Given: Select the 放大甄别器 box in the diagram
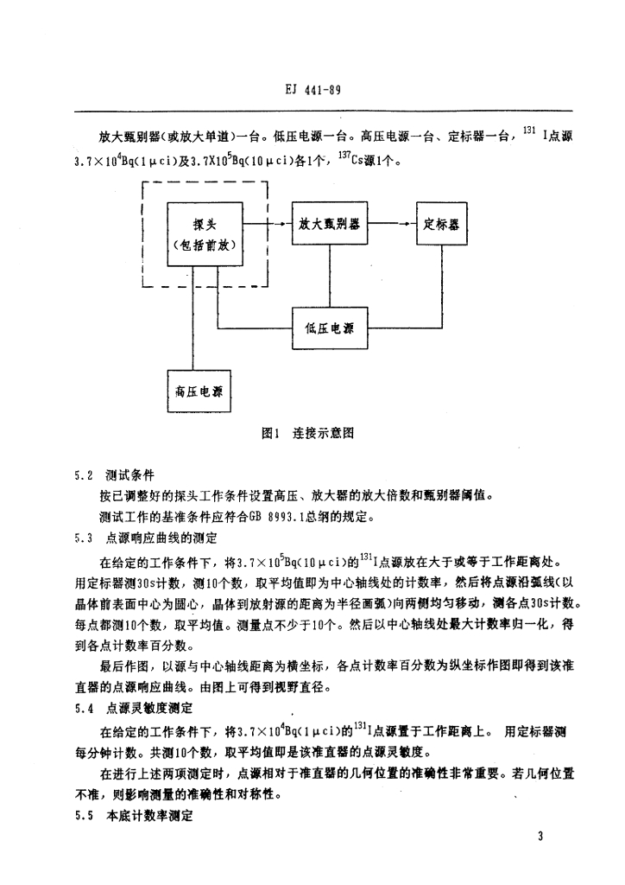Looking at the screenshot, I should pyautogui.click(x=329, y=224).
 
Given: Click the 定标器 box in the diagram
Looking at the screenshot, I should pyautogui.click(x=442, y=224).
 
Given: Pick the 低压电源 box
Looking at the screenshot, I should pyautogui.click(x=329, y=327).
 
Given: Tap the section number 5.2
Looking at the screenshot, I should pyautogui.click(x=84, y=476).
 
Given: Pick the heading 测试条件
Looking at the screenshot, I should pyautogui.click(x=130, y=476).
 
